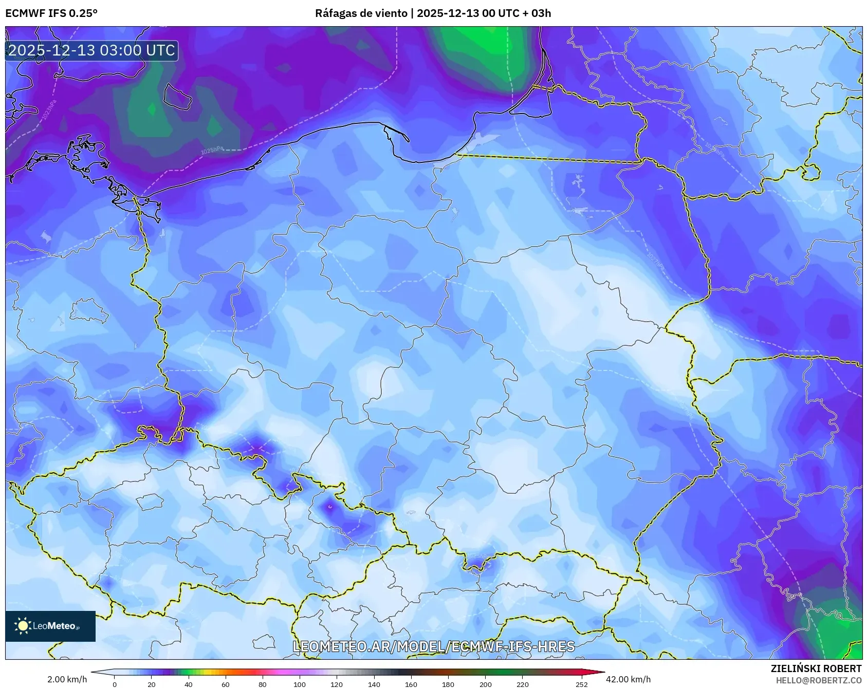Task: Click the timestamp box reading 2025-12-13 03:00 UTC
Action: (92, 50)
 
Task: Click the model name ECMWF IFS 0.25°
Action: (51, 13)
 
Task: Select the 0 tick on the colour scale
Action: (114, 684)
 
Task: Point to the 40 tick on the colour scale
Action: (189, 684)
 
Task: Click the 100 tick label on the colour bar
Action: (300, 684)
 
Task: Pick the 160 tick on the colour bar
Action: (411, 684)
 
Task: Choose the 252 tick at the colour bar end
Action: (581, 684)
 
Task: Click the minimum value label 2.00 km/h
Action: (67, 679)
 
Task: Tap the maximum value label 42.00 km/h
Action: (628, 679)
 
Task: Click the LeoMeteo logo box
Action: (50, 626)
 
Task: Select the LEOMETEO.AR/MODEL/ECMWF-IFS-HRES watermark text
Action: (433, 646)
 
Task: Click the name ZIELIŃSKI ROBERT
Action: (816, 668)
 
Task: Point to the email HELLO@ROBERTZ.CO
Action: (818, 680)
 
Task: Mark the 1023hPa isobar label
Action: (49, 109)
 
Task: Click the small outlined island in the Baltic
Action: (177, 96)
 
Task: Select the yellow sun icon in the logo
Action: (23, 625)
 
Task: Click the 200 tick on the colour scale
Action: (485, 684)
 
